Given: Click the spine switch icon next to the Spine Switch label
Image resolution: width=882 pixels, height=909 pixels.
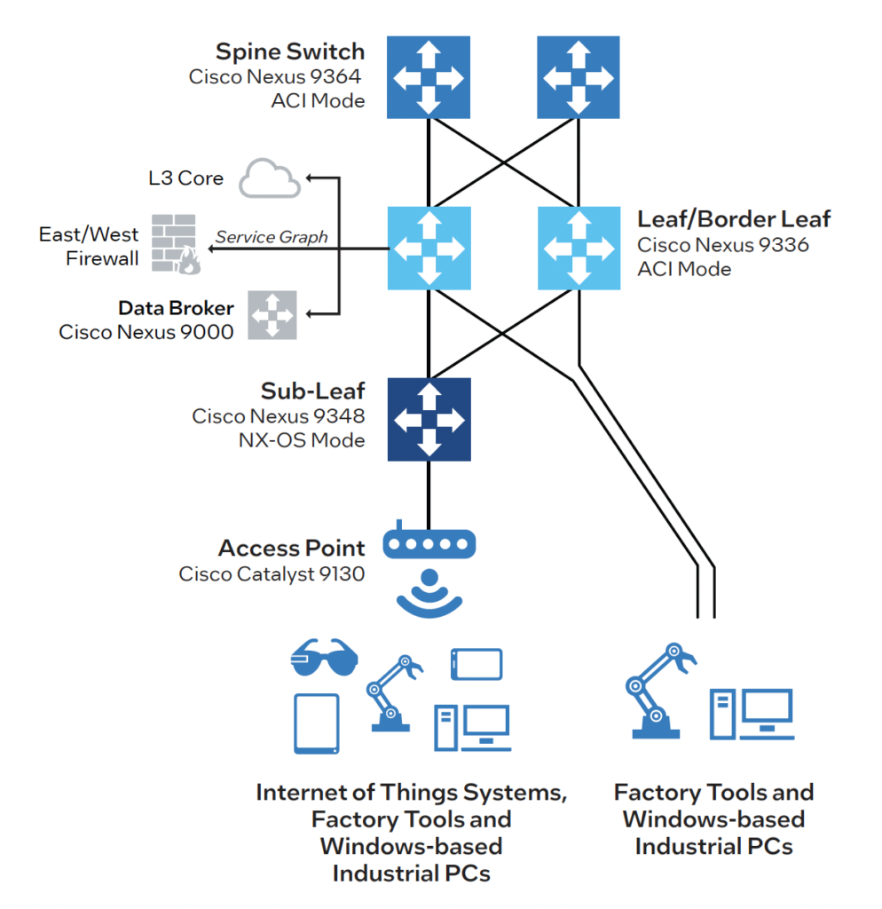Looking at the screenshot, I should click(x=429, y=76).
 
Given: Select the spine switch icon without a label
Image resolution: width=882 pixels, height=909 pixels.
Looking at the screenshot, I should click(x=578, y=76).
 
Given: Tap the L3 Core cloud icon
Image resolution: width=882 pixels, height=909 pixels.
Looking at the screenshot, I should click(x=270, y=178).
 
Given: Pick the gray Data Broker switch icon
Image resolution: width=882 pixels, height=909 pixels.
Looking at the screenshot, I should click(x=272, y=315).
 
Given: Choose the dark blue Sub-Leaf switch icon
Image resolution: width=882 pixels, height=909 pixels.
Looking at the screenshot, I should click(x=429, y=420).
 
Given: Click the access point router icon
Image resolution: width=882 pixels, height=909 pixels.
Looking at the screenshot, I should click(x=429, y=543).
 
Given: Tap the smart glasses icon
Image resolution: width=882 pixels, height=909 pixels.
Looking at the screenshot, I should click(x=324, y=659).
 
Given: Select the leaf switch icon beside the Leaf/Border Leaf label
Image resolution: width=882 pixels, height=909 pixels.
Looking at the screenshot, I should click(x=579, y=249).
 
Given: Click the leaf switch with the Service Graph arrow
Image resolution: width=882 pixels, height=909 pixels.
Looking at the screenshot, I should click(x=429, y=249).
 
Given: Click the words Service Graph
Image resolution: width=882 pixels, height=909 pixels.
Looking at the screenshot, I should click(x=272, y=237).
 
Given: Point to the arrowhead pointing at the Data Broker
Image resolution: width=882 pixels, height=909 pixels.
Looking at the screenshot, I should click(x=310, y=314).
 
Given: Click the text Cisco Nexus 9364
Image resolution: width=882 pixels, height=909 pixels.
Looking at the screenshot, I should click(x=277, y=76).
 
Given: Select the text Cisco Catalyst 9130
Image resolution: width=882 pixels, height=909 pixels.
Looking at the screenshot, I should click(x=272, y=573).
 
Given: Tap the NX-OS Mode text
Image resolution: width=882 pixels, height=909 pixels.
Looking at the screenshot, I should click(x=302, y=439).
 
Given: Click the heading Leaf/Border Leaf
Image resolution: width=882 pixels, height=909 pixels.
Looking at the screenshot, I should click(x=734, y=219).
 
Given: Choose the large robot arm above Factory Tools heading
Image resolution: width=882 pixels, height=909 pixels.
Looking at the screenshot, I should click(x=658, y=694).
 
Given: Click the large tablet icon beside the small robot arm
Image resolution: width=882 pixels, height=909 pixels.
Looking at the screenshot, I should click(x=316, y=723).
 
